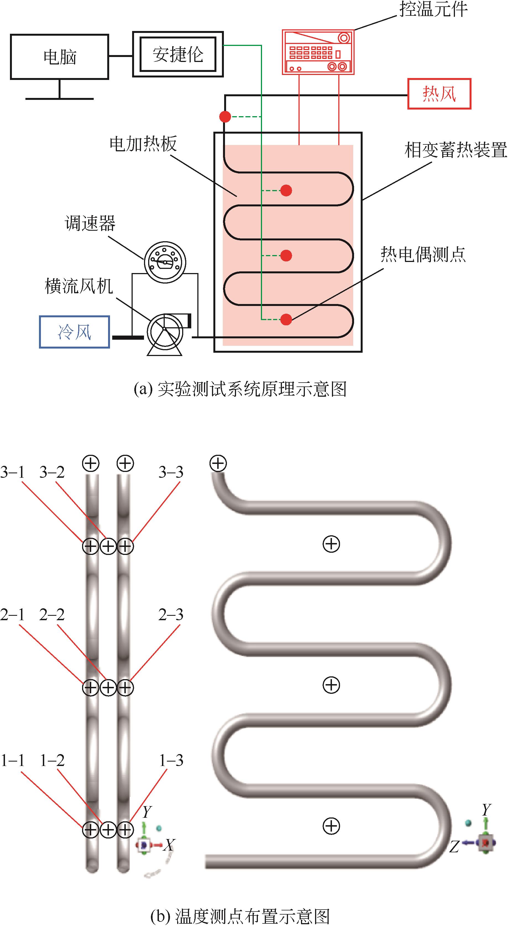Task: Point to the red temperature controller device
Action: pyautogui.click(x=318, y=52)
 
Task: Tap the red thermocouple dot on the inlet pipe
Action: pyautogui.click(x=225, y=116)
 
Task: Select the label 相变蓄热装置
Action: pyautogui.click(x=455, y=150)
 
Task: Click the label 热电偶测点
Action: pyautogui.click(x=423, y=255)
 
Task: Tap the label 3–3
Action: pyautogui.click(x=171, y=472)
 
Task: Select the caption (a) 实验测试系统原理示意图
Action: pyautogui.click(x=240, y=389)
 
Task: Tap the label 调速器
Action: pyautogui.click(x=90, y=223)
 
